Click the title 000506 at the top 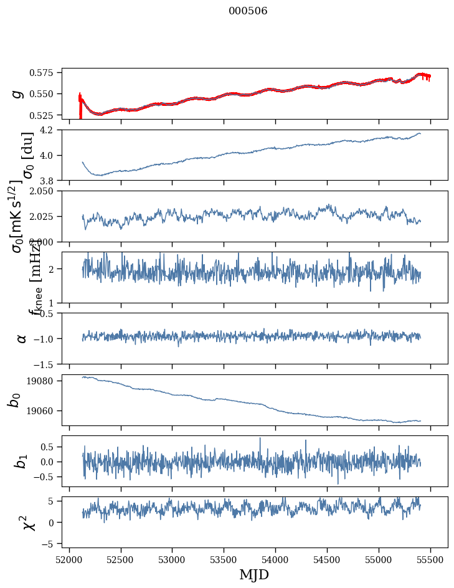coord(248,11)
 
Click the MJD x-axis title coord(254,574)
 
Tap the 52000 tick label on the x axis coord(69,559)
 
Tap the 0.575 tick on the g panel coord(45,73)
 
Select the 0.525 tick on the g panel coord(45,115)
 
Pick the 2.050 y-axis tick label coord(45,191)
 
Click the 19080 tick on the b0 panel coord(44,381)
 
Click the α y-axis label coord(21,338)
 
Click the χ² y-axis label coord(29,522)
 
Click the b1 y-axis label coord(21,461)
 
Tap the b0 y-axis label coord(14,400)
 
